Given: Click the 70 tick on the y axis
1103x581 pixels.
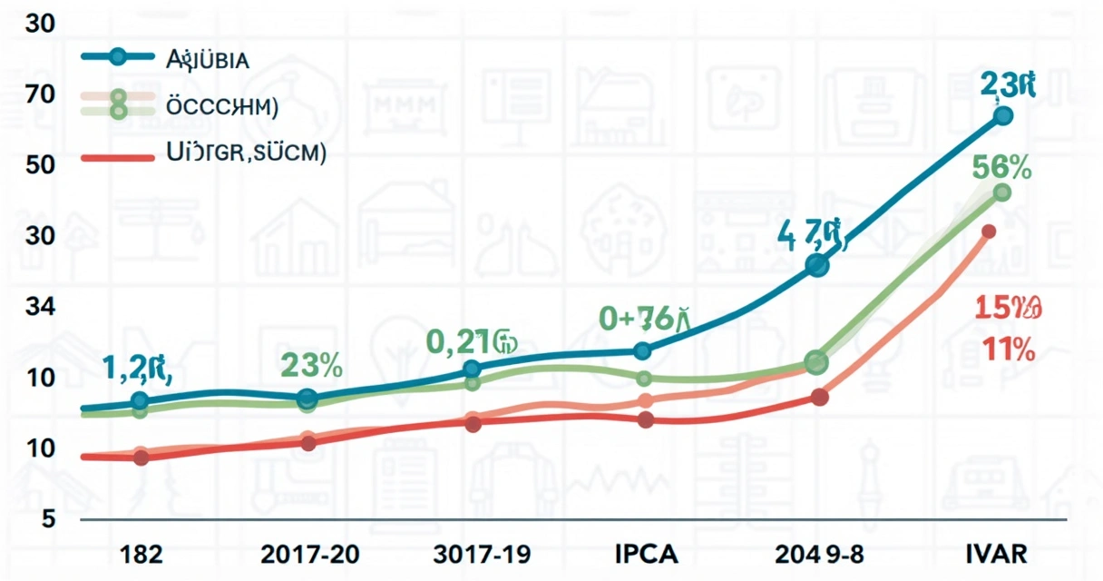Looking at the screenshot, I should click(42, 94).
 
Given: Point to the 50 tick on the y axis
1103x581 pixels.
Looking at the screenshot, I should click(42, 164).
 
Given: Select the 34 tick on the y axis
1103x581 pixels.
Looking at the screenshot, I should click(42, 306).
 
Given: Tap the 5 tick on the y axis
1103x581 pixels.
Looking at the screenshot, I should click(46, 517).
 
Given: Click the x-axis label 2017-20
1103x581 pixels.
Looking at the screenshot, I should click(307, 554).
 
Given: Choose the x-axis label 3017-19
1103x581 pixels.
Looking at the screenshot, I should click(483, 554).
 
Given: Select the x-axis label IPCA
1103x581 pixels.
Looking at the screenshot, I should click(646, 554).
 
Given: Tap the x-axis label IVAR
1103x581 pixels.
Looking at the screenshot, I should click(995, 554).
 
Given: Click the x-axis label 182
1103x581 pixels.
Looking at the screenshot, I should click(140, 554).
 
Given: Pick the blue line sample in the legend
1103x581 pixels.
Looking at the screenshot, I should click(117, 56).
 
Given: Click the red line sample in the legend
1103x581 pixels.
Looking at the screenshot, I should click(117, 157).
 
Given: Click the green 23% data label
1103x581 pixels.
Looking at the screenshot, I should click(311, 365).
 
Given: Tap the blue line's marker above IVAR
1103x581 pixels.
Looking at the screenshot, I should click(1002, 115).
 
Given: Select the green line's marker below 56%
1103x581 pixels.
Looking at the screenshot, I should click(1002, 192).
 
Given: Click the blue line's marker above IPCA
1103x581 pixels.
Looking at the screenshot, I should click(643, 350).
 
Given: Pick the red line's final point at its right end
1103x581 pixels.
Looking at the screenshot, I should click(989, 231).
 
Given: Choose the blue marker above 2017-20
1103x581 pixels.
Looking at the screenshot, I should click(307, 398).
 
